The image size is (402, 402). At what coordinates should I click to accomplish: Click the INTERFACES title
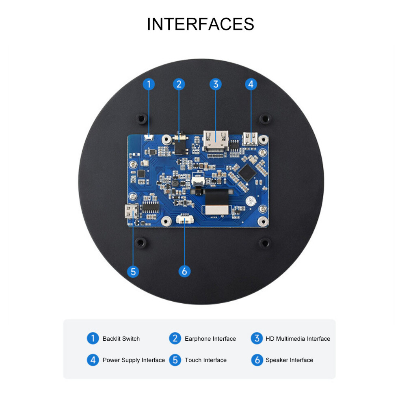tap(201, 24)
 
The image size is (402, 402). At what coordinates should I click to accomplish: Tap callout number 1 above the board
tap(149, 84)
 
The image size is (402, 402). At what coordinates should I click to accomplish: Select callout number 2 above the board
tap(179, 84)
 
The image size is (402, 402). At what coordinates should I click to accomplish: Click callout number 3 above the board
tap(216, 84)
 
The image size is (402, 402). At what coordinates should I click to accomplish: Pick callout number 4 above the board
tap(251, 84)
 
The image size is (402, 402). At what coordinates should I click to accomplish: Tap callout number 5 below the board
tap(133, 272)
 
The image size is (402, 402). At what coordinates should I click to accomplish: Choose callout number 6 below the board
tap(184, 271)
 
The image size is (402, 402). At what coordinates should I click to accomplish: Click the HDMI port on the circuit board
tap(216, 140)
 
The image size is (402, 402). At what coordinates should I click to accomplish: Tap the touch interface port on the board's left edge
tap(132, 211)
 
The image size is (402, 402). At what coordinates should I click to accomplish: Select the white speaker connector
tap(185, 219)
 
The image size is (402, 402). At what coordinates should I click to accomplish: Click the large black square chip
tap(246, 173)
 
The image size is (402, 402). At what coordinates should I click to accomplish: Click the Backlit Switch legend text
tap(121, 339)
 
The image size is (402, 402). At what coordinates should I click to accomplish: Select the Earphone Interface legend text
tap(210, 339)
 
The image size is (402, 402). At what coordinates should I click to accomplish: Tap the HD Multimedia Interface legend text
tap(298, 339)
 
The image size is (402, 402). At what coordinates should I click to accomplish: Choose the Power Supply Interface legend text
tap(134, 360)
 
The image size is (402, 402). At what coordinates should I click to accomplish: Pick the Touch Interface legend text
tap(205, 360)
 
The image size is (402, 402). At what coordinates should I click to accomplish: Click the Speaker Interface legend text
tap(289, 360)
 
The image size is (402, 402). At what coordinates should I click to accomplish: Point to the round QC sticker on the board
tap(251, 201)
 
